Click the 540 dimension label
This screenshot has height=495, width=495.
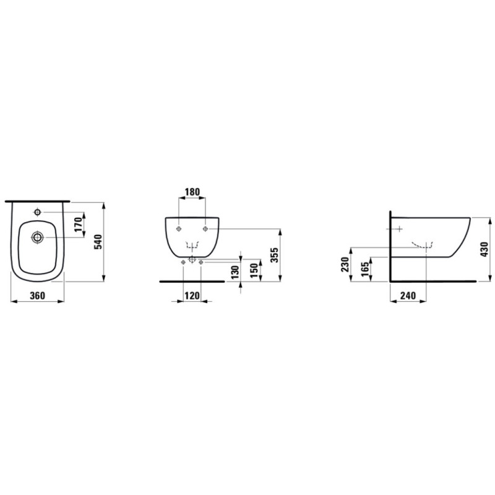coord(98,242)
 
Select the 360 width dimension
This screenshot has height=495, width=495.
coord(38,296)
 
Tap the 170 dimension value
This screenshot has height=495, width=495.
coord(79,224)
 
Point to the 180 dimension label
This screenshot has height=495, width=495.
coord(192,192)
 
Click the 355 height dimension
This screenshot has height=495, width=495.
coord(275,255)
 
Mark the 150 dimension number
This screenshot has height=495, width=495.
coord(254,270)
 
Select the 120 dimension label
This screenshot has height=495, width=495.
coord(192,296)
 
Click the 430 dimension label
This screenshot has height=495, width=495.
coord(484,249)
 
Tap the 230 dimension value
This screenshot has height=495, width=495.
coord(345,265)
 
